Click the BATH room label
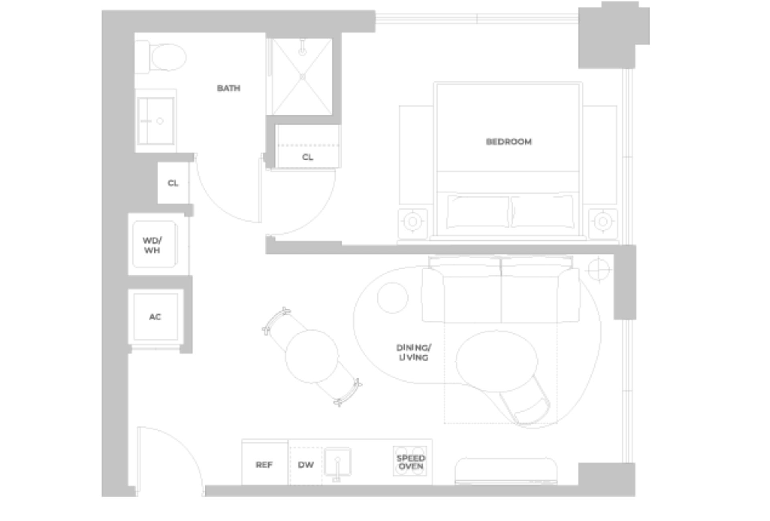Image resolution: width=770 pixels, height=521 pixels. pyautogui.click(x=229, y=88)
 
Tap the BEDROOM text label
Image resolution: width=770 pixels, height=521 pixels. pyautogui.click(x=509, y=142)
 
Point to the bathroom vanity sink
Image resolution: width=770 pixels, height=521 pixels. pyautogui.click(x=156, y=121)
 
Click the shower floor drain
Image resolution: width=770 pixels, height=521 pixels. pyautogui.click(x=302, y=76)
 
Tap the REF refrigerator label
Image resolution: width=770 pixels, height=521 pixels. pyautogui.click(x=264, y=465)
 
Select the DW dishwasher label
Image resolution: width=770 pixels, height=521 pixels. pyautogui.click(x=306, y=465)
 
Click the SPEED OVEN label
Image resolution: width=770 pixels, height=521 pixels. pyautogui.click(x=411, y=462)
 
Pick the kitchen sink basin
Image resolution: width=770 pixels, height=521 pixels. pyautogui.click(x=338, y=461)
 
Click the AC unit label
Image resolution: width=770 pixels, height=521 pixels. pyautogui.click(x=155, y=317)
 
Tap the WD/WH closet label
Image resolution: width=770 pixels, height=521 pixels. pyautogui.click(x=152, y=245)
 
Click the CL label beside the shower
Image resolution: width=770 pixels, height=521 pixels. pyautogui.click(x=308, y=157)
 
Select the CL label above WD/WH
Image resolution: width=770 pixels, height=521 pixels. pyautogui.click(x=173, y=183)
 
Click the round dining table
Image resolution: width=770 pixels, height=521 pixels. pyautogui.click(x=312, y=356)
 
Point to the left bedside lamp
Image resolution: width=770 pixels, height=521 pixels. pyautogui.click(x=413, y=221)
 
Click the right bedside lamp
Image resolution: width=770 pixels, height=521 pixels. pyautogui.click(x=602, y=221)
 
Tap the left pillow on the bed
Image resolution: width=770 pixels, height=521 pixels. pyautogui.click(x=478, y=212)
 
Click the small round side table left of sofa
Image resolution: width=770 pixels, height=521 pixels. pyautogui.click(x=393, y=297)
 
